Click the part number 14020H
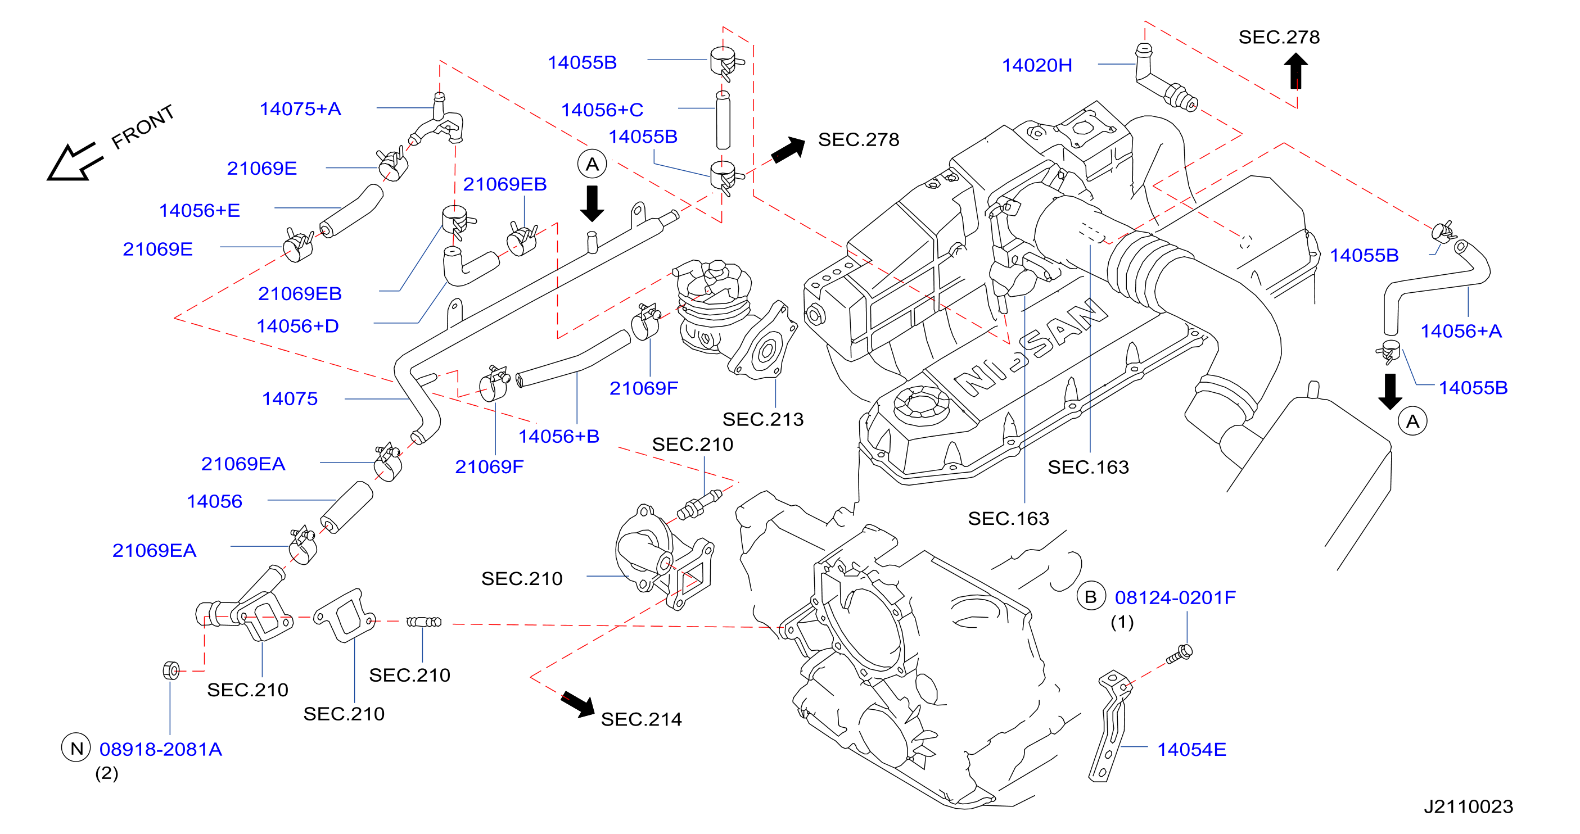[x=1037, y=65]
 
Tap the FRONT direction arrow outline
[x=74, y=162]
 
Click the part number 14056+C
[x=602, y=110]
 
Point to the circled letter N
[x=76, y=747]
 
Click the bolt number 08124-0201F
[x=1175, y=597]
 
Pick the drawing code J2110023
[x=1468, y=806]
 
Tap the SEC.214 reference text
[x=641, y=719]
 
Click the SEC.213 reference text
[x=762, y=419]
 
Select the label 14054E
[x=1191, y=749]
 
